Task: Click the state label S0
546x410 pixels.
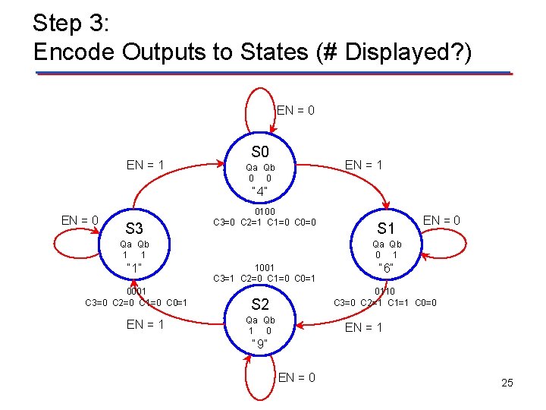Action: (x=260, y=152)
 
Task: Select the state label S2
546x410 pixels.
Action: (x=260, y=304)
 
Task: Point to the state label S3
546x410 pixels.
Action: (x=134, y=228)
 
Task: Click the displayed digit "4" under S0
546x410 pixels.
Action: (x=260, y=191)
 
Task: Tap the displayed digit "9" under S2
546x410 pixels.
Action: (x=260, y=343)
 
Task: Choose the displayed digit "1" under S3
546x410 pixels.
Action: (x=134, y=268)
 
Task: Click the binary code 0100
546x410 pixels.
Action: (x=265, y=211)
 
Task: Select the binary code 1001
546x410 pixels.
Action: (x=265, y=267)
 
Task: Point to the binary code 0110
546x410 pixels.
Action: (x=385, y=291)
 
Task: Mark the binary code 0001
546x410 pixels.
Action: (x=136, y=291)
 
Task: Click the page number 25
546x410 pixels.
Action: (x=507, y=383)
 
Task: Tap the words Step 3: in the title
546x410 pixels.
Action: (x=73, y=23)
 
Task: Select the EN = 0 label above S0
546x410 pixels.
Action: (x=296, y=111)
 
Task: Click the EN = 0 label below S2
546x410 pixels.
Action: (x=297, y=377)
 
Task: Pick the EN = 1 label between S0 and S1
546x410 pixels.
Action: (x=364, y=165)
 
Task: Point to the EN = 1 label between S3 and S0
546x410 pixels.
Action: (x=146, y=164)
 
